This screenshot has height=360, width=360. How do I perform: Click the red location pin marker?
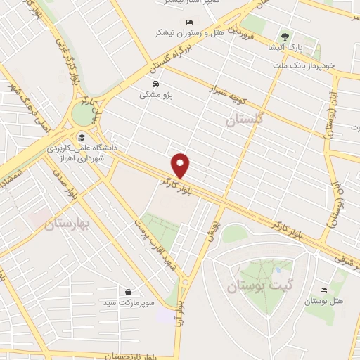pyautogui.click(x=181, y=165)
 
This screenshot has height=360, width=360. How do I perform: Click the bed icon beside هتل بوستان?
pyautogui.click(x=323, y=290)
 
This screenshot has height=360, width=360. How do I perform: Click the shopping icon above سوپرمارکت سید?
pyautogui.click(x=128, y=291)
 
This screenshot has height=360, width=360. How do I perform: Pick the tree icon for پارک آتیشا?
pyautogui.click(x=284, y=37)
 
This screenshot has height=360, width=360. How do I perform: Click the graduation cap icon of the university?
pyautogui.click(x=82, y=138)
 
